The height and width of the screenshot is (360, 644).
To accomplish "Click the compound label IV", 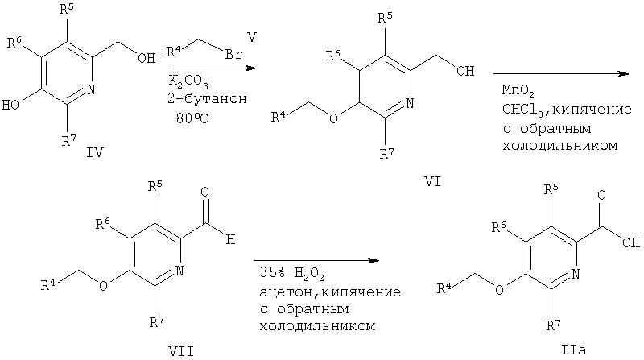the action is (x=94, y=152).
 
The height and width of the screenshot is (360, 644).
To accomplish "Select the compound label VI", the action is (x=432, y=181).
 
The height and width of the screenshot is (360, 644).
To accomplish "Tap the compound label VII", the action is (x=181, y=351).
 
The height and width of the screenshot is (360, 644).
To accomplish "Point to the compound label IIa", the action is (x=573, y=350).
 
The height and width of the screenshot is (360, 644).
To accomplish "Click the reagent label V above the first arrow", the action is (x=252, y=38).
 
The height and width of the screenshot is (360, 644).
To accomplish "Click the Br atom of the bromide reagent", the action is (x=233, y=54).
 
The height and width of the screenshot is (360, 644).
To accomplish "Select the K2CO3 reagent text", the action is (x=188, y=82).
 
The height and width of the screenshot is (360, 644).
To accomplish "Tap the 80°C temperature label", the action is (x=192, y=118).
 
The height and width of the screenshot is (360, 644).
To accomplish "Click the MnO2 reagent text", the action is (x=518, y=91).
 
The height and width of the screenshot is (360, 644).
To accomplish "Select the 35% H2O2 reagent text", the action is (x=291, y=274).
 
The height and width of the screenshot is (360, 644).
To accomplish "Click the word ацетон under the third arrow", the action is (x=287, y=292).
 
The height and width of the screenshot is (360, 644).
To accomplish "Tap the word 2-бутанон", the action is (x=207, y=99).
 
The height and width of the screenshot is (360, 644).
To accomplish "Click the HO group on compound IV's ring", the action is (x=10, y=105).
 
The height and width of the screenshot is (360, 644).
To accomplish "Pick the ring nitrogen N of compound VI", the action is (x=409, y=103).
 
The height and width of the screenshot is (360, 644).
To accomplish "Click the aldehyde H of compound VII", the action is (x=230, y=239).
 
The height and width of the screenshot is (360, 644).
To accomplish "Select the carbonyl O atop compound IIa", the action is (x=601, y=195).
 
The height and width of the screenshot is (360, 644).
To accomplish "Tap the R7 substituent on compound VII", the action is (x=156, y=321).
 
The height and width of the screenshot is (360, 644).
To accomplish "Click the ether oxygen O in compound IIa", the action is (x=499, y=290).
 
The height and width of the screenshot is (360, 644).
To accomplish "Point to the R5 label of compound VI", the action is (x=385, y=18).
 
